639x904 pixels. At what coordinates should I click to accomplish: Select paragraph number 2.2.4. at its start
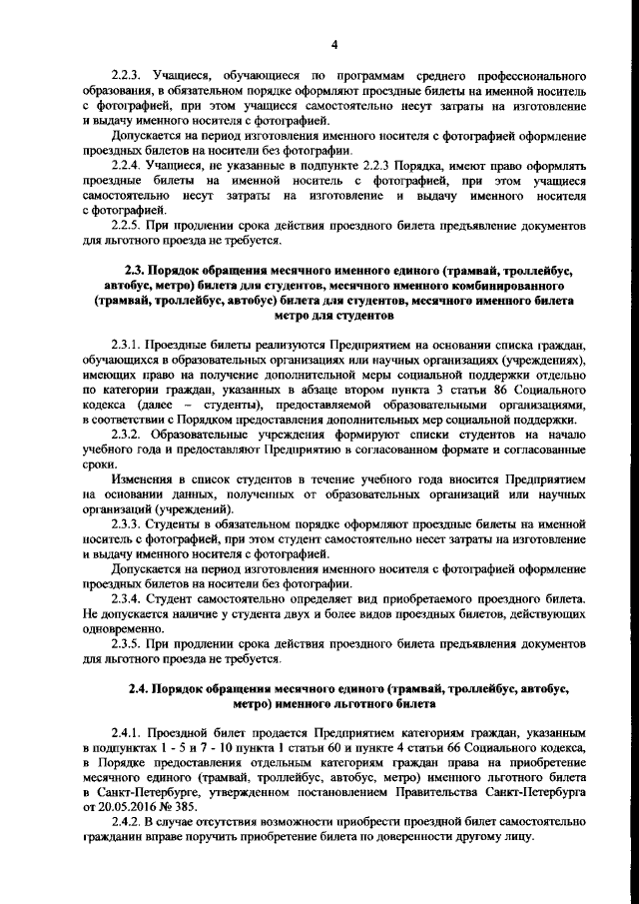pyautogui.click(x=131, y=164)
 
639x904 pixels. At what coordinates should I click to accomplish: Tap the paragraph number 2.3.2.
pyautogui.click(x=131, y=436)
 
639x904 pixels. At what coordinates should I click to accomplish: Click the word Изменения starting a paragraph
pyautogui.click(x=146, y=480)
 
